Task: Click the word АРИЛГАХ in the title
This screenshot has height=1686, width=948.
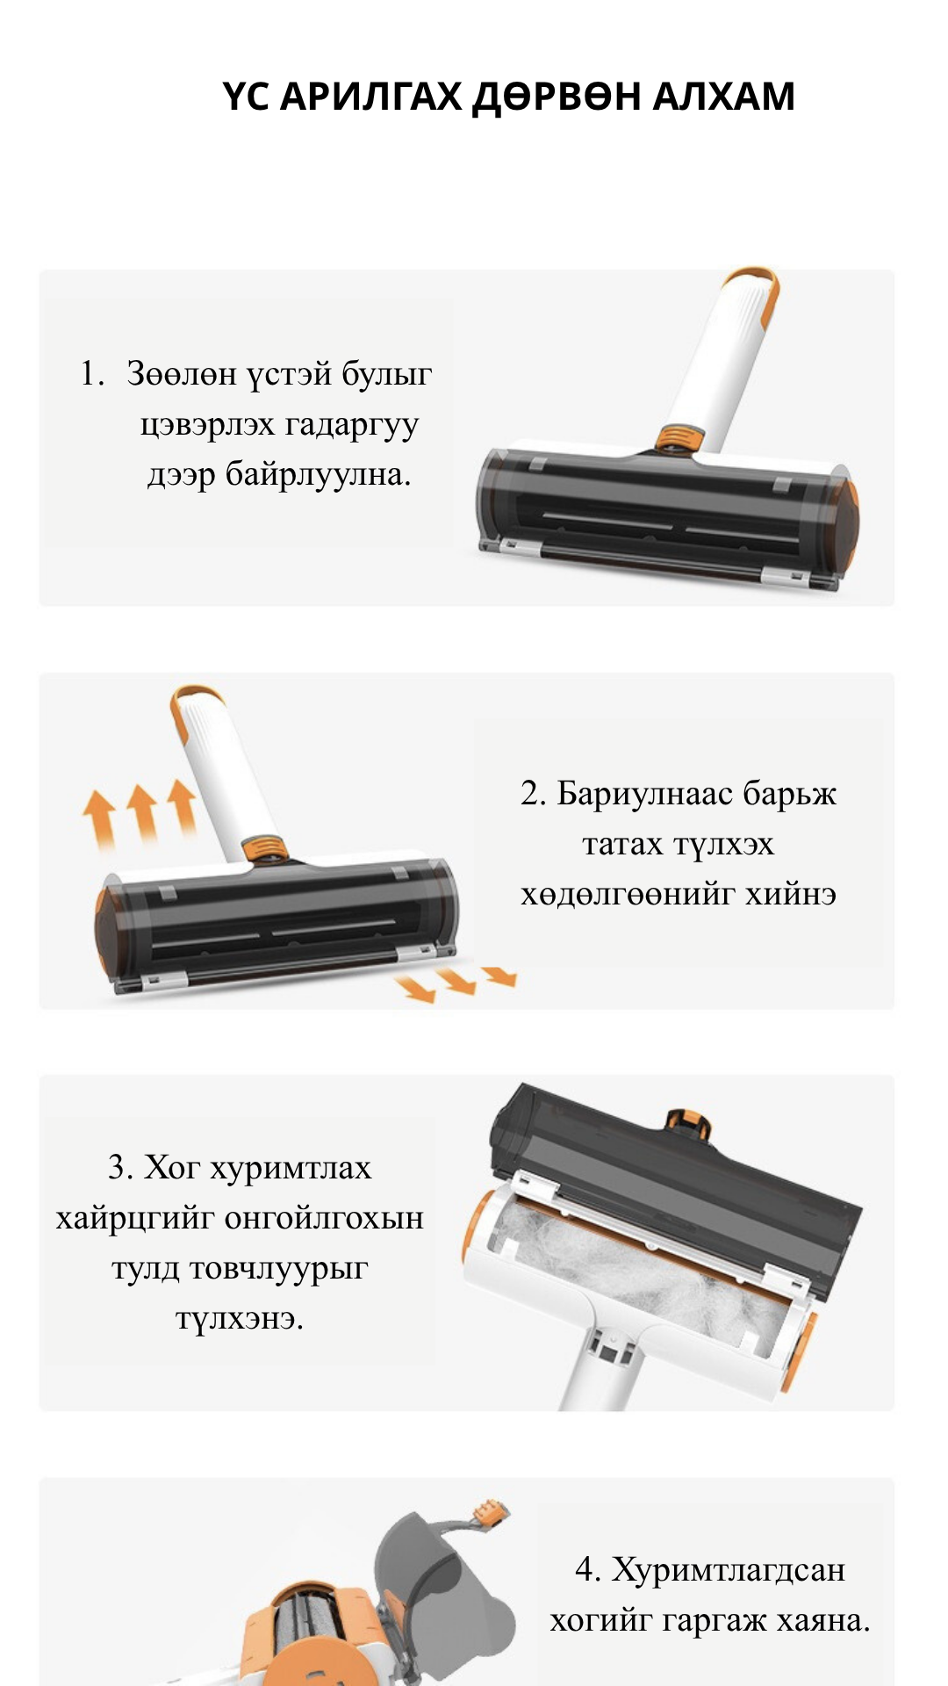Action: (370, 97)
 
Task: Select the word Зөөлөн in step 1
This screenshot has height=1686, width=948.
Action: (181, 374)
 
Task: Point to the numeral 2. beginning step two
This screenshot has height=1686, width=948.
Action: (533, 794)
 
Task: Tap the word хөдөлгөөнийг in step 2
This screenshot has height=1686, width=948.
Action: (628, 895)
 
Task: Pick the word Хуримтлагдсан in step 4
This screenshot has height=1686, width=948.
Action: (728, 1570)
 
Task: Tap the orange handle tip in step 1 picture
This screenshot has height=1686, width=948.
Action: (753, 278)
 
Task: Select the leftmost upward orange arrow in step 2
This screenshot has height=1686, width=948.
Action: (99, 817)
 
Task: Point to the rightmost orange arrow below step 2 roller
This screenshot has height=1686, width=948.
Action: (500, 976)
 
